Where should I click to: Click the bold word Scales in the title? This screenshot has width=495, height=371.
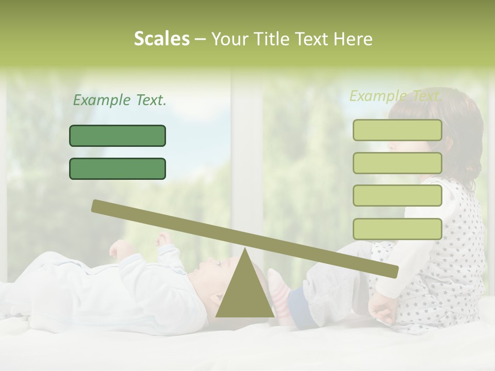tap(161, 39)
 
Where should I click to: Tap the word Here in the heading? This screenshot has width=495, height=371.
tap(353, 39)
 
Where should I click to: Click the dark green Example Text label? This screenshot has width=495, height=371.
tap(120, 100)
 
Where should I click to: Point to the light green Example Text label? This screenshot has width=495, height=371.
tap(395, 96)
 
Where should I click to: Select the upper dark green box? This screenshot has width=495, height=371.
tap(118, 136)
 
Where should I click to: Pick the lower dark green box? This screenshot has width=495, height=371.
tap(118, 168)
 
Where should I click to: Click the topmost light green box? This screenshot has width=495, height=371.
tap(397, 130)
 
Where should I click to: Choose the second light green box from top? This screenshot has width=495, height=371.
tap(397, 163)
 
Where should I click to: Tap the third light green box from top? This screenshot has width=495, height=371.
tap(397, 195)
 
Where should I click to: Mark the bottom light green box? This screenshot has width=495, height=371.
tap(397, 228)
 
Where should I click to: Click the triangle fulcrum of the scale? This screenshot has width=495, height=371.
tap(244, 291)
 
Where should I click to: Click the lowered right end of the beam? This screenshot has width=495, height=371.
tap(393, 271)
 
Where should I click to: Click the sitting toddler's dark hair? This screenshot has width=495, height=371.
tap(464, 129)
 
